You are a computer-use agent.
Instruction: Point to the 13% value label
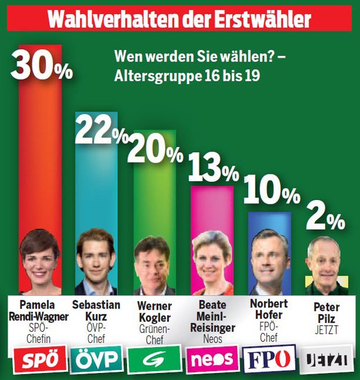tap(213, 169)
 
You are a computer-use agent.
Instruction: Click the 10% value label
tap(271, 191)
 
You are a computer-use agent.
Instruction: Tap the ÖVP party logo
tap(96, 360)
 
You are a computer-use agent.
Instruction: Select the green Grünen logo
tap(154, 360)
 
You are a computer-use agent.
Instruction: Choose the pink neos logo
tap(212, 360)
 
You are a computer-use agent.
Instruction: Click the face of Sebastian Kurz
tap(95, 259)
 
